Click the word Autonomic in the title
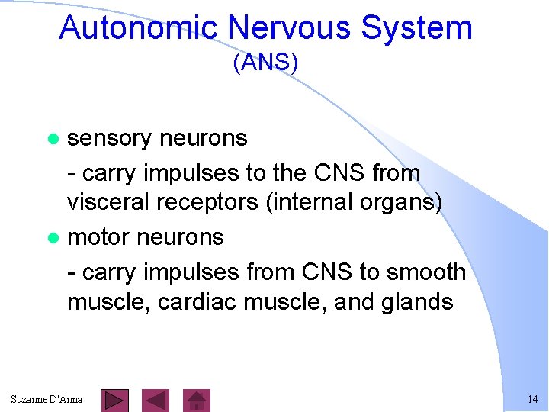[139, 28]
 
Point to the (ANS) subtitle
[265, 63]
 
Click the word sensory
[110, 138]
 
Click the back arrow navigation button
[156, 400]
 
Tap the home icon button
[197, 400]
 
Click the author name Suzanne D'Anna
[47, 400]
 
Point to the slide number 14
[532, 400]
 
